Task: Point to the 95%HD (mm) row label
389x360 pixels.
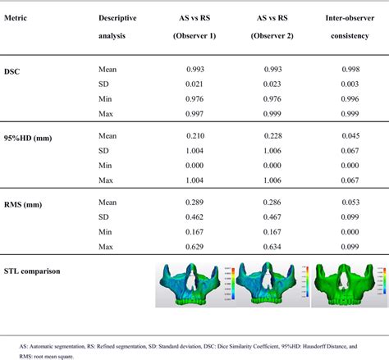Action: click(29, 138)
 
